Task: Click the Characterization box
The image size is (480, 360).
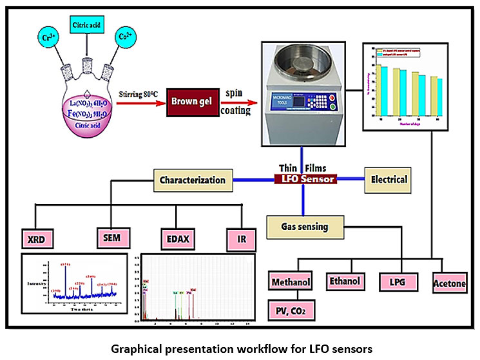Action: pyautogui.click(x=192, y=181)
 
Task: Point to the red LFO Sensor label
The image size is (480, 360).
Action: pyautogui.click(x=304, y=179)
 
